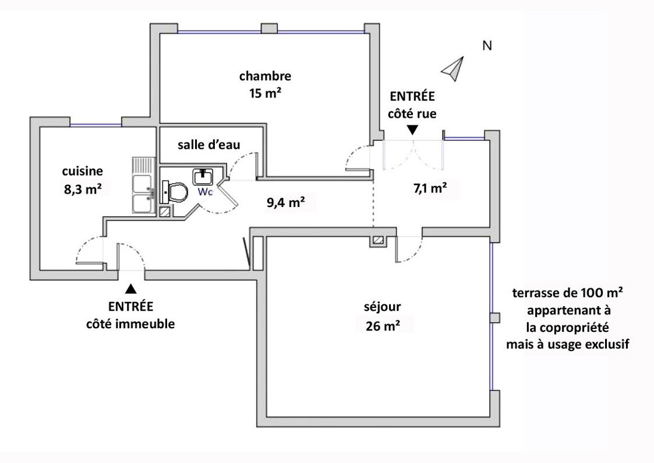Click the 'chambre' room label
point(265,76)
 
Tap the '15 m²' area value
point(266,93)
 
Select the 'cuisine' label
point(83,171)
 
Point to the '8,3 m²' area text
point(83,189)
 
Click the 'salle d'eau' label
point(209,145)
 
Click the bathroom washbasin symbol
point(203,177)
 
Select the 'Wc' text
point(205,192)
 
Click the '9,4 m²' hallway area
point(286,202)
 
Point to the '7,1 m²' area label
point(430,188)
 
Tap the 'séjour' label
point(383,307)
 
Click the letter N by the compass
point(487,45)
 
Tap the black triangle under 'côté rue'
point(412,130)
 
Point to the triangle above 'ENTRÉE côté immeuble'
point(131,289)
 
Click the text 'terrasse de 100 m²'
point(568,293)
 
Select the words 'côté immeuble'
point(130,324)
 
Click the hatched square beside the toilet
point(165,212)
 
